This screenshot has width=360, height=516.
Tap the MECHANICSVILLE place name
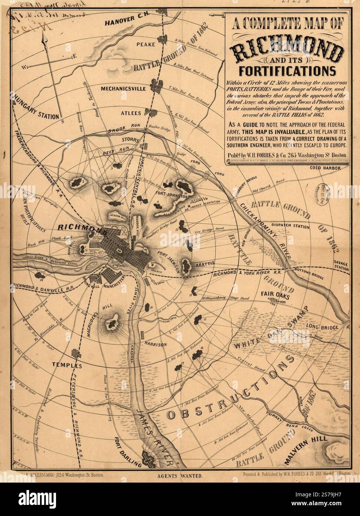tap(123, 89)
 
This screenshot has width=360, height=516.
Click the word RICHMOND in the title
tap(288, 50)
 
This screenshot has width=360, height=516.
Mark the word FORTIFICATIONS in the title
tap(288, 70)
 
